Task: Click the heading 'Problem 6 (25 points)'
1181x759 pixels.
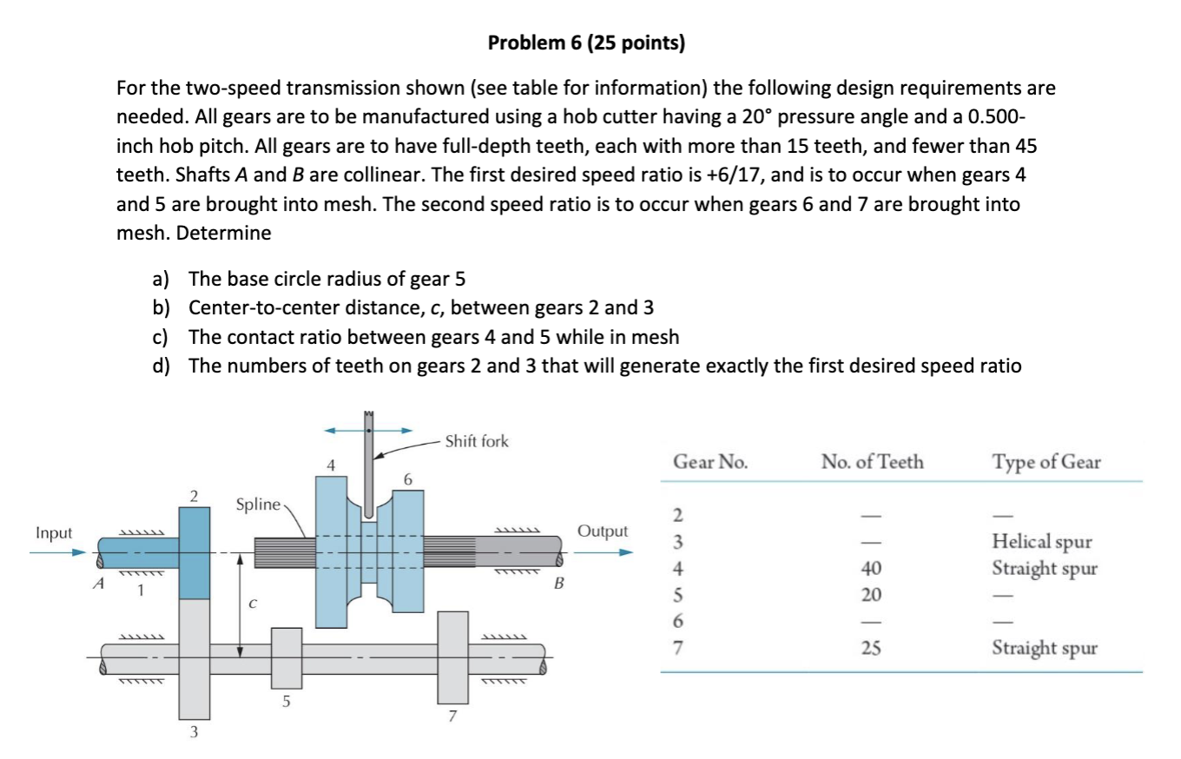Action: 586,43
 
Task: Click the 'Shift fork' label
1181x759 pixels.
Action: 476,441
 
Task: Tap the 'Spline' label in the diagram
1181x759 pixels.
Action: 258,505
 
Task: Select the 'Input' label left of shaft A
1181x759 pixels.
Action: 54,532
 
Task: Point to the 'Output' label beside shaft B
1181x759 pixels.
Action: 601,531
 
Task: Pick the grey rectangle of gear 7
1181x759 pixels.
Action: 452,657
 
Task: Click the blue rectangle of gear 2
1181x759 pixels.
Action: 195,553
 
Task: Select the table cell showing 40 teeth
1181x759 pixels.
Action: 872,569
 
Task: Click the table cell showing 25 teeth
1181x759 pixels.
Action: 872,648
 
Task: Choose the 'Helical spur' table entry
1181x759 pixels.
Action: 1041,542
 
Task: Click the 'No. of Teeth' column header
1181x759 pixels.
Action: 872,462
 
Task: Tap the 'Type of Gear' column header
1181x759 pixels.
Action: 1046,462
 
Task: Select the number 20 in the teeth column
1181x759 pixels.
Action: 872,595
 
